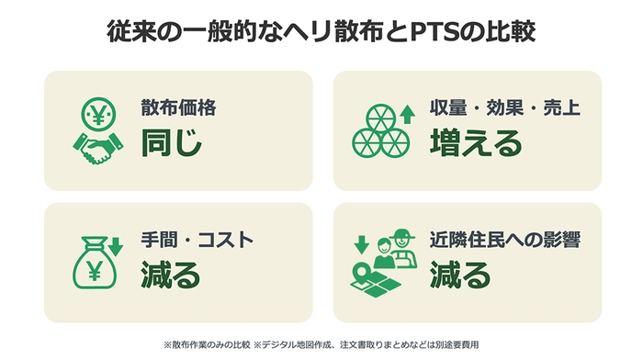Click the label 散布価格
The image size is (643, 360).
point(178,107)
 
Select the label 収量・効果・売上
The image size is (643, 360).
point(505,107)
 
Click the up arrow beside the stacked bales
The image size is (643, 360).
point(401,114)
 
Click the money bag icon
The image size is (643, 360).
point(96,264)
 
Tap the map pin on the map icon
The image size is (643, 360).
point(365,267)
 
